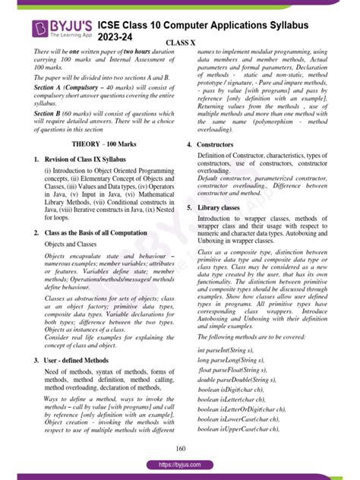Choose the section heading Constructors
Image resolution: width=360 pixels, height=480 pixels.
215,144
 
